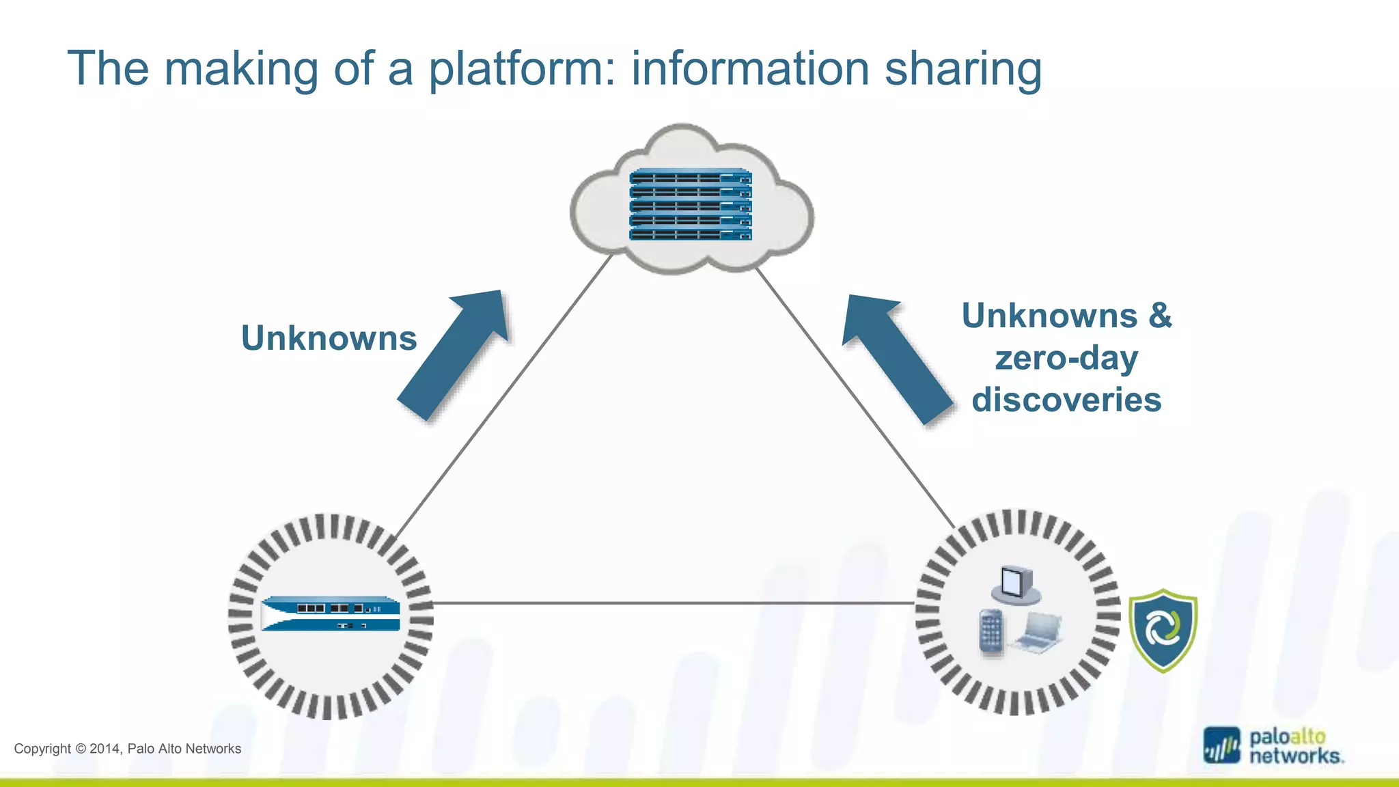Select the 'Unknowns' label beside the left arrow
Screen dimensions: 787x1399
[329, 338]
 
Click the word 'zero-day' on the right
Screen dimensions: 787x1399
[1066, 358]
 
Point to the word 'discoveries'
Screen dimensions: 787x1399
[1066, 400]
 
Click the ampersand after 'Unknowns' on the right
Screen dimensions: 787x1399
[1160, 316]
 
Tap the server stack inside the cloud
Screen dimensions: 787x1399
[690, 204]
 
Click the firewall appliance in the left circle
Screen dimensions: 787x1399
[331, 613]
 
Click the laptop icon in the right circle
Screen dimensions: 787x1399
[1038, 633]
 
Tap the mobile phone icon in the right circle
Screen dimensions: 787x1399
[991, 631]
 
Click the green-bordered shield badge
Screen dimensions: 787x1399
[1163, 630]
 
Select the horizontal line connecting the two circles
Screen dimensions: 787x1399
[673, 603]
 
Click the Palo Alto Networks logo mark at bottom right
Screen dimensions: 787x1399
[1221, 745]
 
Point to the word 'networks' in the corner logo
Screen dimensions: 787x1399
[1294, 756]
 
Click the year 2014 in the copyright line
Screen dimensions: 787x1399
[105, 749]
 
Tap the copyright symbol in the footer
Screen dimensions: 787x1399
[81, 749]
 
